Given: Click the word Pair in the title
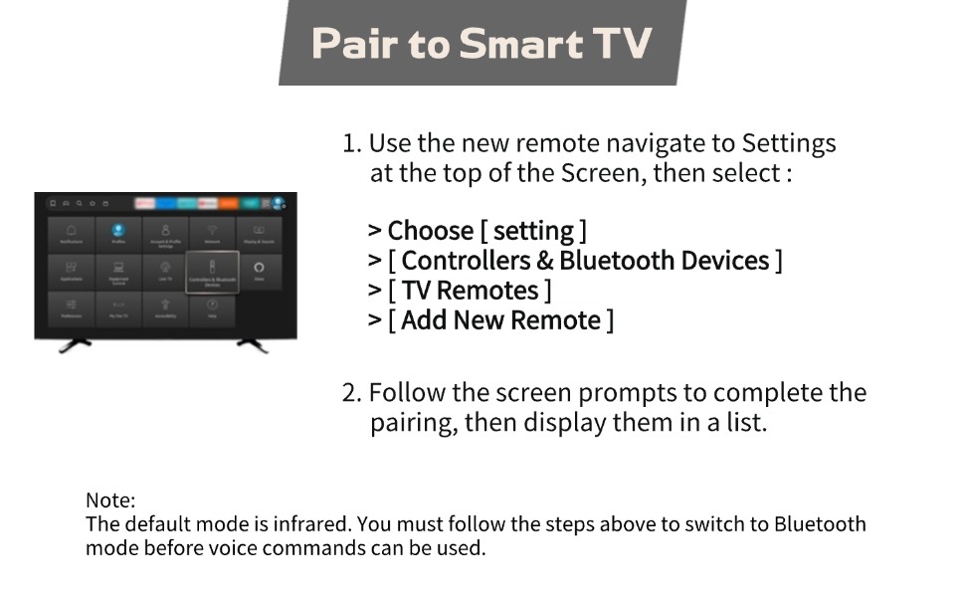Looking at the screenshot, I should coord(352,44).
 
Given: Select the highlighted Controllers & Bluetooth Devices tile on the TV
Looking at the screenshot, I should coord(212,272).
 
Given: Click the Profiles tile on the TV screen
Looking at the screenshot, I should coord(118,233).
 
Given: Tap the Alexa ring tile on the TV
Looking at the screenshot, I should coord(259,271).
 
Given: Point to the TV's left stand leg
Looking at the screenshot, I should coord(76,345).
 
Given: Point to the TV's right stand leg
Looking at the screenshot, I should coord(252,345).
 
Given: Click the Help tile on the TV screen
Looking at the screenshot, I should coord(212,307).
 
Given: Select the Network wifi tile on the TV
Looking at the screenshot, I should coord(212,233).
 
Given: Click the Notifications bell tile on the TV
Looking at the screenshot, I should coord(71,233).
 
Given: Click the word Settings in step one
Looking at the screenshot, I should coord(789,143).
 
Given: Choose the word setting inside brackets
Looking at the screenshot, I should coord(533,231).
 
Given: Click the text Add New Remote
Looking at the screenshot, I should coord(501,320).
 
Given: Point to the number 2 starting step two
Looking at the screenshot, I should coord(349,393).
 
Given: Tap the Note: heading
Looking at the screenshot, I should coord(110,500).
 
